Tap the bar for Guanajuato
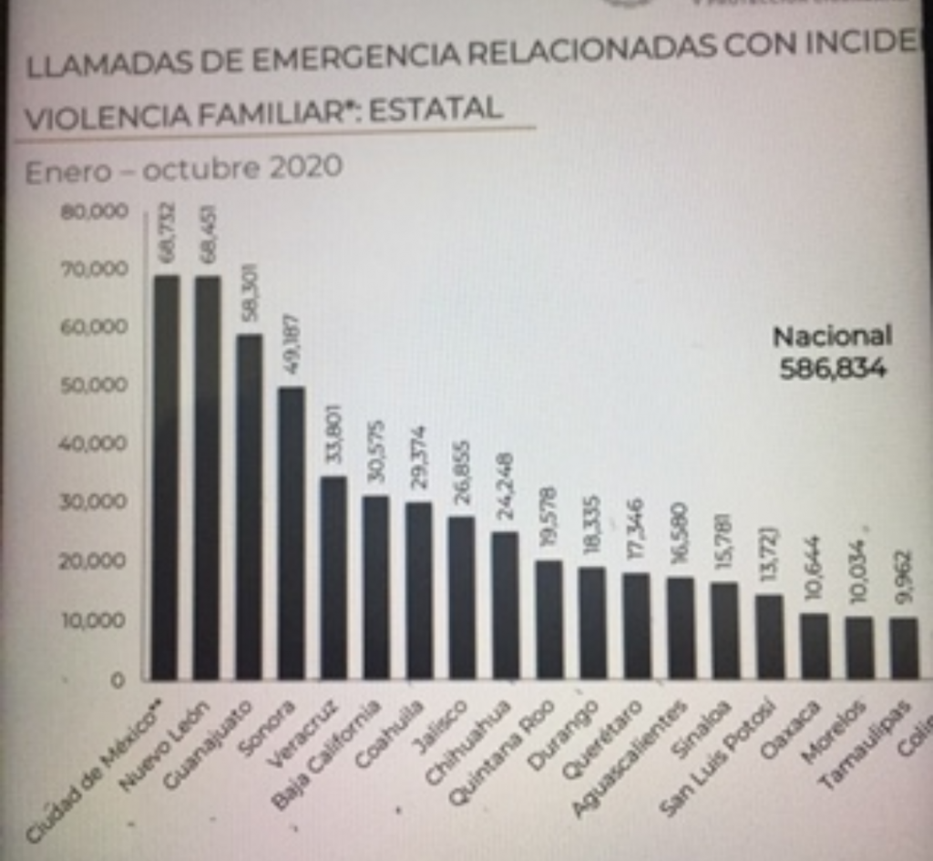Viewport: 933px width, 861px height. point(249,507)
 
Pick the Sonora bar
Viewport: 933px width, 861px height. point(291,533)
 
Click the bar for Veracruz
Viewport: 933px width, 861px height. point(333,578)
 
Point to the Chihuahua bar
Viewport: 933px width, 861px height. point(505,606)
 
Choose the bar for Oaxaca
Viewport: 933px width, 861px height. point(815,646)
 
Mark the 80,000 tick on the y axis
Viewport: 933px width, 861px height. point(95,211)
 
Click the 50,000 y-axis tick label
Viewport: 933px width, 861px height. point(95,385)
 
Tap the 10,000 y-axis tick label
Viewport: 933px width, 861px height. point(95,620)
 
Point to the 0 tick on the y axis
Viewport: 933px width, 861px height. point(118,680)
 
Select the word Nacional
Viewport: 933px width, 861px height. point(832,336)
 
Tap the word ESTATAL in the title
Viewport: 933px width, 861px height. point(436,110)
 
